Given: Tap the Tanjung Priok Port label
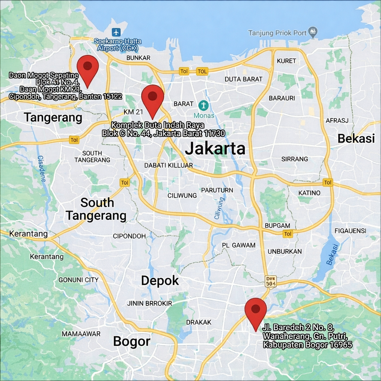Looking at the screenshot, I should click(278, 33).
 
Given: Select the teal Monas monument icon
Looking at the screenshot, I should click(203, 105).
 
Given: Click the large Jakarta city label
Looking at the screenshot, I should click(215, 149).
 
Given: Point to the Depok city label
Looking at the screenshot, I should click(160, 281).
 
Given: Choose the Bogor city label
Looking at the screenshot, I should click(132, 341).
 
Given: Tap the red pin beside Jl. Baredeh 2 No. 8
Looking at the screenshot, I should click(256, 311).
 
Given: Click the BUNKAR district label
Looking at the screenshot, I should click(138, 58).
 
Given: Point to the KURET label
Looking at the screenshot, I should click(286, 61).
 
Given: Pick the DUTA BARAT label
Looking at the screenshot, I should click(243, 79).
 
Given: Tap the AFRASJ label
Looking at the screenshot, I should click(337, 121).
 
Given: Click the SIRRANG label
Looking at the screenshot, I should click(295, 159).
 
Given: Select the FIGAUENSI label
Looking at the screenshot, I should click(350, 231).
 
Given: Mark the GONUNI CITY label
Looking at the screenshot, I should click(79, 280).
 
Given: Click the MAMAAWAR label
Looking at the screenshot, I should click(81, 334).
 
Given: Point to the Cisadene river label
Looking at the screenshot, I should click(41, 168).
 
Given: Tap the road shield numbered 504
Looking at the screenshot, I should click(271, 281).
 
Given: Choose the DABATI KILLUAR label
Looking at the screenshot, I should click(169, 165).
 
